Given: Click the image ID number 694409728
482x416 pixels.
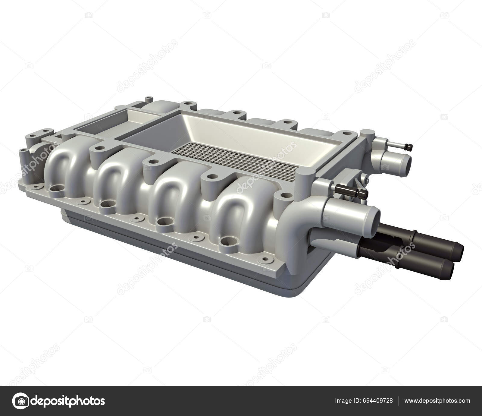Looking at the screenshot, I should (378, 401).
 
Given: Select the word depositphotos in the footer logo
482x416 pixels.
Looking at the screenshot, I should (68, 401).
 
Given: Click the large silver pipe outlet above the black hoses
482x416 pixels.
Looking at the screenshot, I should (374, 216).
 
